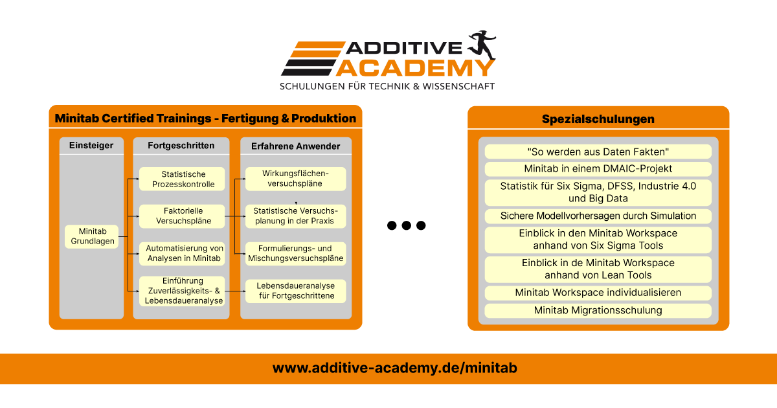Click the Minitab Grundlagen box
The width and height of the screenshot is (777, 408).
(x=91, y=236)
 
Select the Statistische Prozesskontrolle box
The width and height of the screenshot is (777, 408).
(x=182, y=179)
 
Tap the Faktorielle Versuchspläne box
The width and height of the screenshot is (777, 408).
(x=182, y=216)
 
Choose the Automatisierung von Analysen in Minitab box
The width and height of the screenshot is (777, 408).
(x=182, y=254)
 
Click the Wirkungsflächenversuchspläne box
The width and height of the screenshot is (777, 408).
(x=295, y=179)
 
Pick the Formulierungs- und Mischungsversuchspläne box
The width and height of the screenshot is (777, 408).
(x=295, y=254)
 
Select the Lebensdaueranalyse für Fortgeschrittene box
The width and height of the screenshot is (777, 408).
(x=295, y=291)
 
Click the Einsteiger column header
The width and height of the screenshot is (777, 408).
(x=91, y=145)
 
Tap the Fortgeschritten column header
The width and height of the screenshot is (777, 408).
(x=181, y=145)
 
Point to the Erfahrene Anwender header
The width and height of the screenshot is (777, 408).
(x=296, y=146)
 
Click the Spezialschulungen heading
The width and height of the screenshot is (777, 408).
(x=598, y=119)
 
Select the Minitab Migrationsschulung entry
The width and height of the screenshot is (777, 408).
(x=598, y=310)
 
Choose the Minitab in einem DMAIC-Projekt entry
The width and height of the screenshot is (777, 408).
(x=598, y=169)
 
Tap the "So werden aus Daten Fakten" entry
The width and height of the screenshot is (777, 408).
(x=598, y=152)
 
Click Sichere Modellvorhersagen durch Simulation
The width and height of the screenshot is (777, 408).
(x=598, y=216)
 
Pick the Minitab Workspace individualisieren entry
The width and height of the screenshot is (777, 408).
(x=598, y=293)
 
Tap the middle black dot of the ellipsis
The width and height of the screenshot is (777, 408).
(x=406, y=225)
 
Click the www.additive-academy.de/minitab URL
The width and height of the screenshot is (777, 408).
(x=395, y=368)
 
